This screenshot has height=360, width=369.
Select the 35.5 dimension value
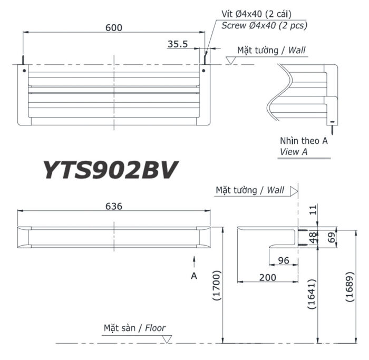pos(178,45)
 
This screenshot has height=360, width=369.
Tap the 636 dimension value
pos(113,206)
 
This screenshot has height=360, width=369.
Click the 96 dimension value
pos(283,260)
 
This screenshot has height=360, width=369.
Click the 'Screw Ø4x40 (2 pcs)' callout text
pos(264,25)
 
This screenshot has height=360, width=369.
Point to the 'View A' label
pos(294,151)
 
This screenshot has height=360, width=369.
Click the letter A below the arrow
pos(194,275)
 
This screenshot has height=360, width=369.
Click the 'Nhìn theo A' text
pos(304,141)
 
